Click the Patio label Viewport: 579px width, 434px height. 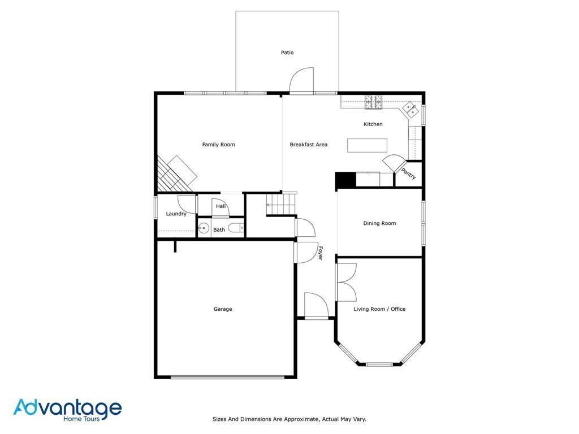[x=287, y=53]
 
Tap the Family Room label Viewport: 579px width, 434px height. [x=218, y=145]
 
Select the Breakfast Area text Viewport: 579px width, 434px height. [x=308, y=145]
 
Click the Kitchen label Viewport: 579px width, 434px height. [x=373, y=124]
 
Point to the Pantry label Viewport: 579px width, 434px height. [x=409, y=173]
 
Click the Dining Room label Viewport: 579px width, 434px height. [x=379, y=223]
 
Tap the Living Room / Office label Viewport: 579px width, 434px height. [x=379, y=309]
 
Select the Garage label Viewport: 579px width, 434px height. [x=223, y=309]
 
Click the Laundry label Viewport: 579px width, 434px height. [x=176, y=214]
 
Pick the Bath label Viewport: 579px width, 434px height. [x=219, y=229]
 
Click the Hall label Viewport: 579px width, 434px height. [x=221, y=206]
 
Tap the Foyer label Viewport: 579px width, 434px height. [x=320, y=253]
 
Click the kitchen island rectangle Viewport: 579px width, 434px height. [x=367, y=145]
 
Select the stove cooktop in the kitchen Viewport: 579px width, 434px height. [x=373, y=102]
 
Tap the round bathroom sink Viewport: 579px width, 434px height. [x=204, y=229]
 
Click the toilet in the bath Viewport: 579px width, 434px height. [x=238, y=228]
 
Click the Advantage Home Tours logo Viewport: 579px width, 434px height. [x=67, y=410]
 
